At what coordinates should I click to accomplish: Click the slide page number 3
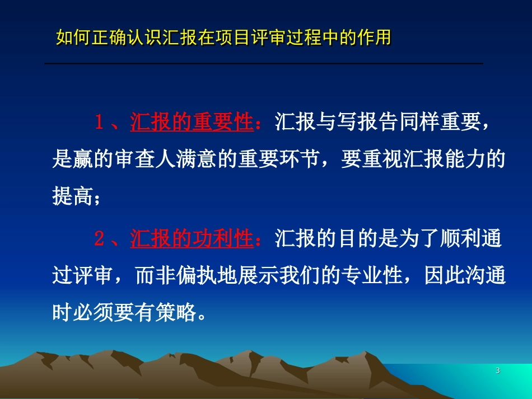click(498, 372)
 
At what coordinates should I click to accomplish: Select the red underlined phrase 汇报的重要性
click(192, 123)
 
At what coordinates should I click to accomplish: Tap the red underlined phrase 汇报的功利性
click(192, 239)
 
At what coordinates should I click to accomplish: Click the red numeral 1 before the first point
click(99, 123)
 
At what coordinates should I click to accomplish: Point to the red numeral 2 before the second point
click(99, 239)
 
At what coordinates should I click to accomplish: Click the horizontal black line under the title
click(263, 64)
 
